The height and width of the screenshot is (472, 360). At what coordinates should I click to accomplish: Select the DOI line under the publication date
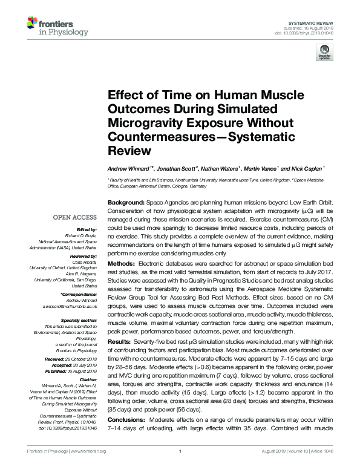point(303,33)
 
